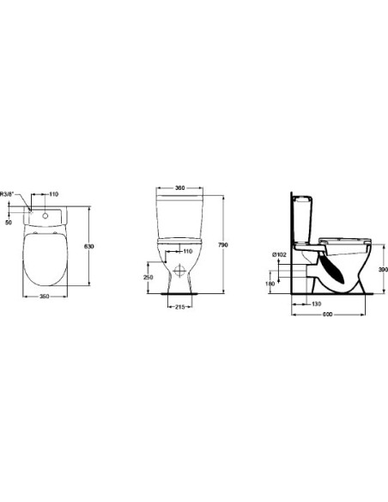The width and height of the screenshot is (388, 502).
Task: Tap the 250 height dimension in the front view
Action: tap(148, 278)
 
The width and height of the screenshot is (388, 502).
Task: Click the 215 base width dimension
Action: tap(181, 307)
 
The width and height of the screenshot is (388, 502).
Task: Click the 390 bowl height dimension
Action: tap(383, 269)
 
